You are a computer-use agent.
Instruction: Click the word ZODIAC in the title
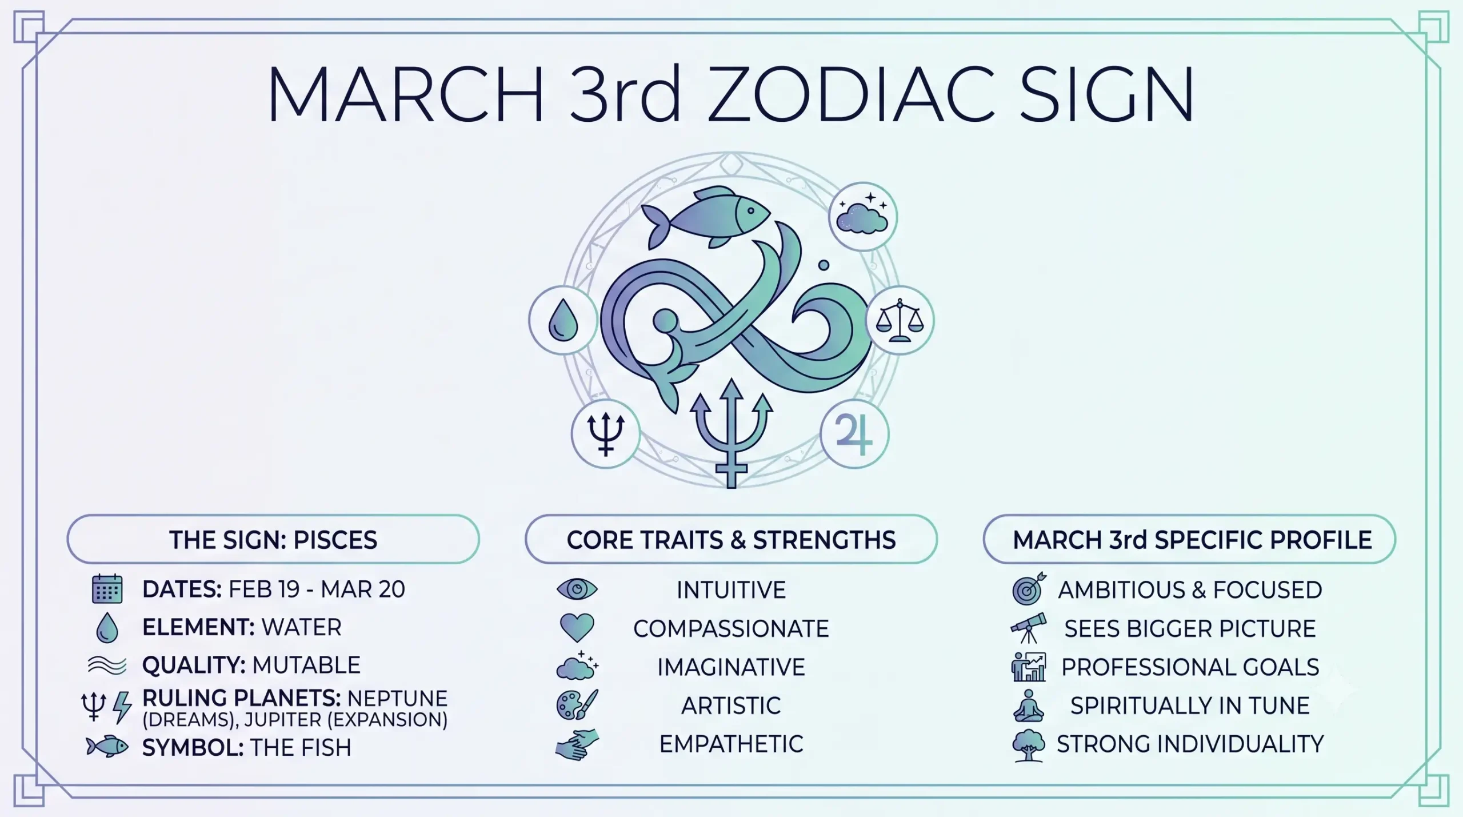coord(850,94)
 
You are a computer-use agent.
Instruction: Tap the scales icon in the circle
coord(900,320)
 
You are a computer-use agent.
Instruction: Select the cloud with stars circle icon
coord(863,217)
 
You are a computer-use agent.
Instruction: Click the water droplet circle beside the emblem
coord(563,320)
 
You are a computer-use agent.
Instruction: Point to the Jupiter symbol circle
coord(854,434)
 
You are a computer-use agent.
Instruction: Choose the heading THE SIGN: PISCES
coord(273,540)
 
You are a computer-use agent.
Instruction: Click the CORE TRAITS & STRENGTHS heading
coord(731,540)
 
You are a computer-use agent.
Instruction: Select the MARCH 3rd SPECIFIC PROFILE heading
coord(1192,540)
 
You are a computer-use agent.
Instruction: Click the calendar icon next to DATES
coord(107,589)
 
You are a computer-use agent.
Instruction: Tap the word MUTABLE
coord(306,665)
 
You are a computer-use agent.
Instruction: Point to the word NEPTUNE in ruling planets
coord(397,699)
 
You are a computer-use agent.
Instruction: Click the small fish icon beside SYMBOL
coord(107,747)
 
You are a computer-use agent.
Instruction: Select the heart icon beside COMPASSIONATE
coord(577,628)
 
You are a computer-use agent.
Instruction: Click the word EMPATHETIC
coord(731,744)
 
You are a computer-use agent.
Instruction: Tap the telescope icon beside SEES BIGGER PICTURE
coord(1029,628)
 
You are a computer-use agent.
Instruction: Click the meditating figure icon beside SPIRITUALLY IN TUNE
coord(1029,705)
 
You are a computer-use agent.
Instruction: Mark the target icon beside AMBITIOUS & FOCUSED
coord(1029,588)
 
